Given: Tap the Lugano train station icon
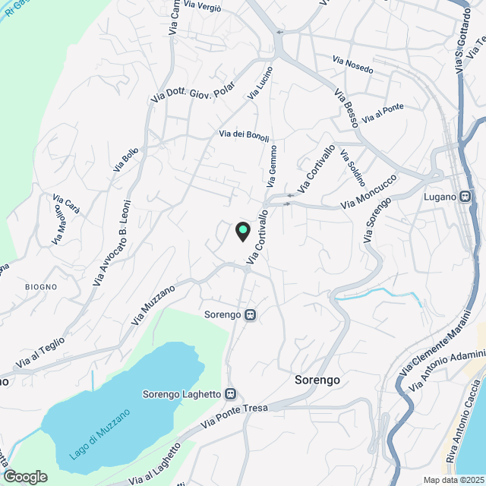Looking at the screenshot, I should click(466, 196).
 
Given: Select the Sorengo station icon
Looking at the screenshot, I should click(250, 314).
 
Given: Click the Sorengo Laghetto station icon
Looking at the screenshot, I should click(231, 394).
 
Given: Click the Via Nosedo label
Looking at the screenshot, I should click(353, 65).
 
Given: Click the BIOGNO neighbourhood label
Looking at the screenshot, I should click(40, 286).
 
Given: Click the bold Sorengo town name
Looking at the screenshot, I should click(317, 380).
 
